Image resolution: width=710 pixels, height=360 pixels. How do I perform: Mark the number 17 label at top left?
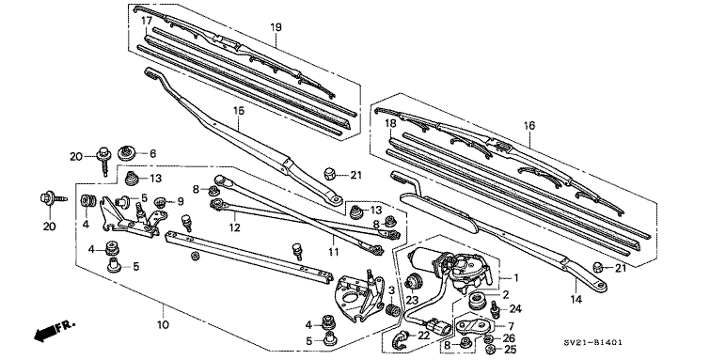(146, 20)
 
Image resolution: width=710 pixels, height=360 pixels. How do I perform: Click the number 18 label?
(389, 123)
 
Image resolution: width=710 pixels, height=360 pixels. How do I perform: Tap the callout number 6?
(152, 153)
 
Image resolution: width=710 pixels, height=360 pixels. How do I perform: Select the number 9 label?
(181, 201)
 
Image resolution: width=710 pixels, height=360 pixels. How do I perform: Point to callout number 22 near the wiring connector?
(423, 336)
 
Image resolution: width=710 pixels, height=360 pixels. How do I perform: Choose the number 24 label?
(515, 308)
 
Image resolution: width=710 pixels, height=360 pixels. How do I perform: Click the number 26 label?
(511, 337)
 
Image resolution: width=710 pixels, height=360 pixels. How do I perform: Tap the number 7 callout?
(511, 325)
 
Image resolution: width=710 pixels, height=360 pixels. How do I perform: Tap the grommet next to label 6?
(128, 153)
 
